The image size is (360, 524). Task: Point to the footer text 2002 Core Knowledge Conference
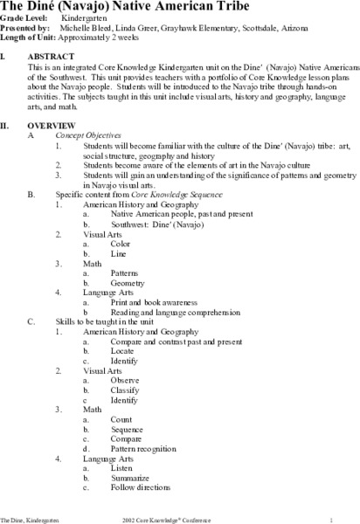pyautogui.click(x=185, y=517)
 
